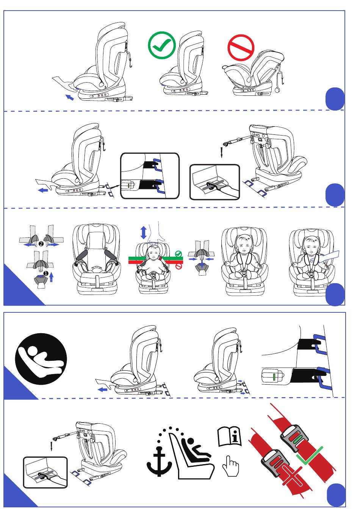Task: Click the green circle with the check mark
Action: pyautogui.click(x=162, y=45)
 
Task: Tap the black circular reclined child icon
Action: pyautogui.click(x=41, y=359)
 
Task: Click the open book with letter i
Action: pyautogui.click(x=230, y=437)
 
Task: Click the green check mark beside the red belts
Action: pyautogui.click(x=310, y=456)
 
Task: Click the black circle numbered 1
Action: pyautogui.click(x=46, y=273)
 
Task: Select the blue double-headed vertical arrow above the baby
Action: pyautogui.click(x=143, y=232)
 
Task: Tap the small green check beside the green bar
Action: pyautogui.click(x=179, y=254)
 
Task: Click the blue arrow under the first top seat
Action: pyautogui.click(x=69, y=97)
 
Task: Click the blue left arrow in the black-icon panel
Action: pyautogui.click(x=102, y=389)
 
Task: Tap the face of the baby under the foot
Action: pyautogui.click(x=153, y=251)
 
